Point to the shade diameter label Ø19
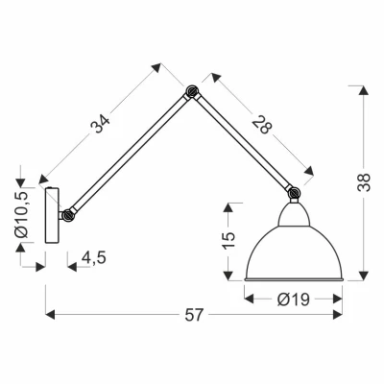point(292,299)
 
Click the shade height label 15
point(228,240)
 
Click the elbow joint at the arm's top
point(192,93)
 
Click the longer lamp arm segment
point(130,154)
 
